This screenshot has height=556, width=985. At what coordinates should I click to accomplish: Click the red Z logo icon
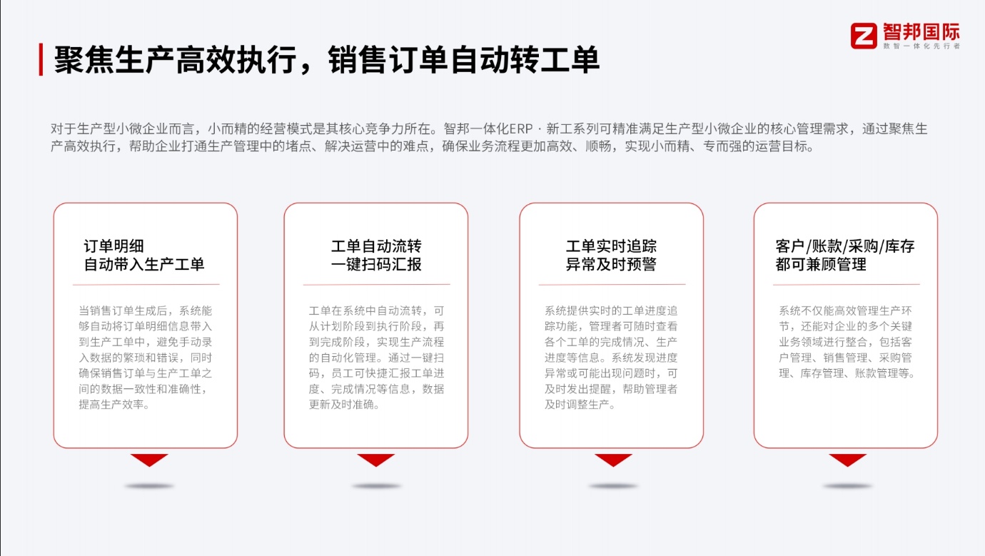coord(864,36)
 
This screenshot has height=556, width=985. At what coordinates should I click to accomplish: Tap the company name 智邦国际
coord(921,31)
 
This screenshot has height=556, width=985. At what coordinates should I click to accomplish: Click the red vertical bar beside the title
coord(41,59)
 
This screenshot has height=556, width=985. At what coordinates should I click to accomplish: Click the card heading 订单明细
coord(114,246)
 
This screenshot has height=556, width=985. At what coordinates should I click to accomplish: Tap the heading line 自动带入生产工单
coord(144,264)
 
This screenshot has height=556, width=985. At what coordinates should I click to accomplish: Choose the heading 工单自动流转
coord(376,246)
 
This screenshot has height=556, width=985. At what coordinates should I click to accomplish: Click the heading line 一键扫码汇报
coord(376,264)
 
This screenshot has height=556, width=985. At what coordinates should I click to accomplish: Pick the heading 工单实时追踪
coord(611,246)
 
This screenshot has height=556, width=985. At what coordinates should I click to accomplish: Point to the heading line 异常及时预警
coord(611,264)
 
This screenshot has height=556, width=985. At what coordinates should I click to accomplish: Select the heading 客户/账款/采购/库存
coord(845,246)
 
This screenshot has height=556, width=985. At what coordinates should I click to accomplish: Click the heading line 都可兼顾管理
coord(821,264)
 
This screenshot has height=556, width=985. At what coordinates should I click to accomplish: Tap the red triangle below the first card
coord(149,459)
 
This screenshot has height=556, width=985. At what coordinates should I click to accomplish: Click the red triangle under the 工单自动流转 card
coord(376,459)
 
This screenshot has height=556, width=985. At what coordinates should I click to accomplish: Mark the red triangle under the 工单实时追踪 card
coord(613,459)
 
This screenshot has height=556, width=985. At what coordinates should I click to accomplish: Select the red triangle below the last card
coord(848,459)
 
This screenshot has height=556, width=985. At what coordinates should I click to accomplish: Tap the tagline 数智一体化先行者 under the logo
coord(921,46)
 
